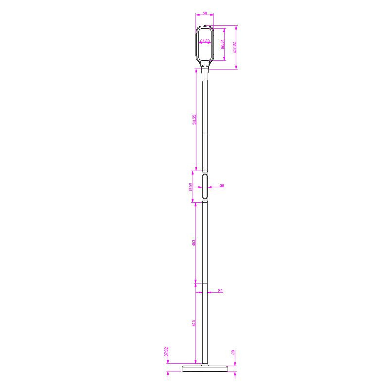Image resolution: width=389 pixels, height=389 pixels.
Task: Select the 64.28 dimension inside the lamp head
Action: pos(205,41)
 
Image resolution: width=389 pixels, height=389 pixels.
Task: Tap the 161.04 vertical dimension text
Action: pos(222,44)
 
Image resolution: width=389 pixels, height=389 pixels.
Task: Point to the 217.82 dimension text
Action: pos(234,47)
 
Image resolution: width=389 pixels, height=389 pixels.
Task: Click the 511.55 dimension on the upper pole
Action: pos(194,120)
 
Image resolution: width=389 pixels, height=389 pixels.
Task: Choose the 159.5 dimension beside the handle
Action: pos(191,187)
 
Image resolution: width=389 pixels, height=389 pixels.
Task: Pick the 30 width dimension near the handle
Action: pos(222,185)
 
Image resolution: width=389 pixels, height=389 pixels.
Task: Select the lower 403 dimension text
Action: pos(194,323)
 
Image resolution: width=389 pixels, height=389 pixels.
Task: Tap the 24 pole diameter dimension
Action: pos(220,291)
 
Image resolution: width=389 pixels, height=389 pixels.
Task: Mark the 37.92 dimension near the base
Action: pos(166,352)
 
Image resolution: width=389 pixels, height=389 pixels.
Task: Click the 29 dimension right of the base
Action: pos(233,352)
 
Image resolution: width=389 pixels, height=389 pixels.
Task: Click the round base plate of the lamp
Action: pos(204,369)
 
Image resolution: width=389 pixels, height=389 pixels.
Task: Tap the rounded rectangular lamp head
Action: pos(205,44)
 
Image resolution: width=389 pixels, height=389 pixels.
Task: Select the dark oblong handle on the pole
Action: pos(205,186)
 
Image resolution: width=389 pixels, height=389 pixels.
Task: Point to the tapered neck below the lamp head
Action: pos(205,73)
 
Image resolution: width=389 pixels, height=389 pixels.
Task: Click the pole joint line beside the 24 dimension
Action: pos(205,282)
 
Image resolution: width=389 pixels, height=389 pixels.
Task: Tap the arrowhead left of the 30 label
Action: pos(209,187)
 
